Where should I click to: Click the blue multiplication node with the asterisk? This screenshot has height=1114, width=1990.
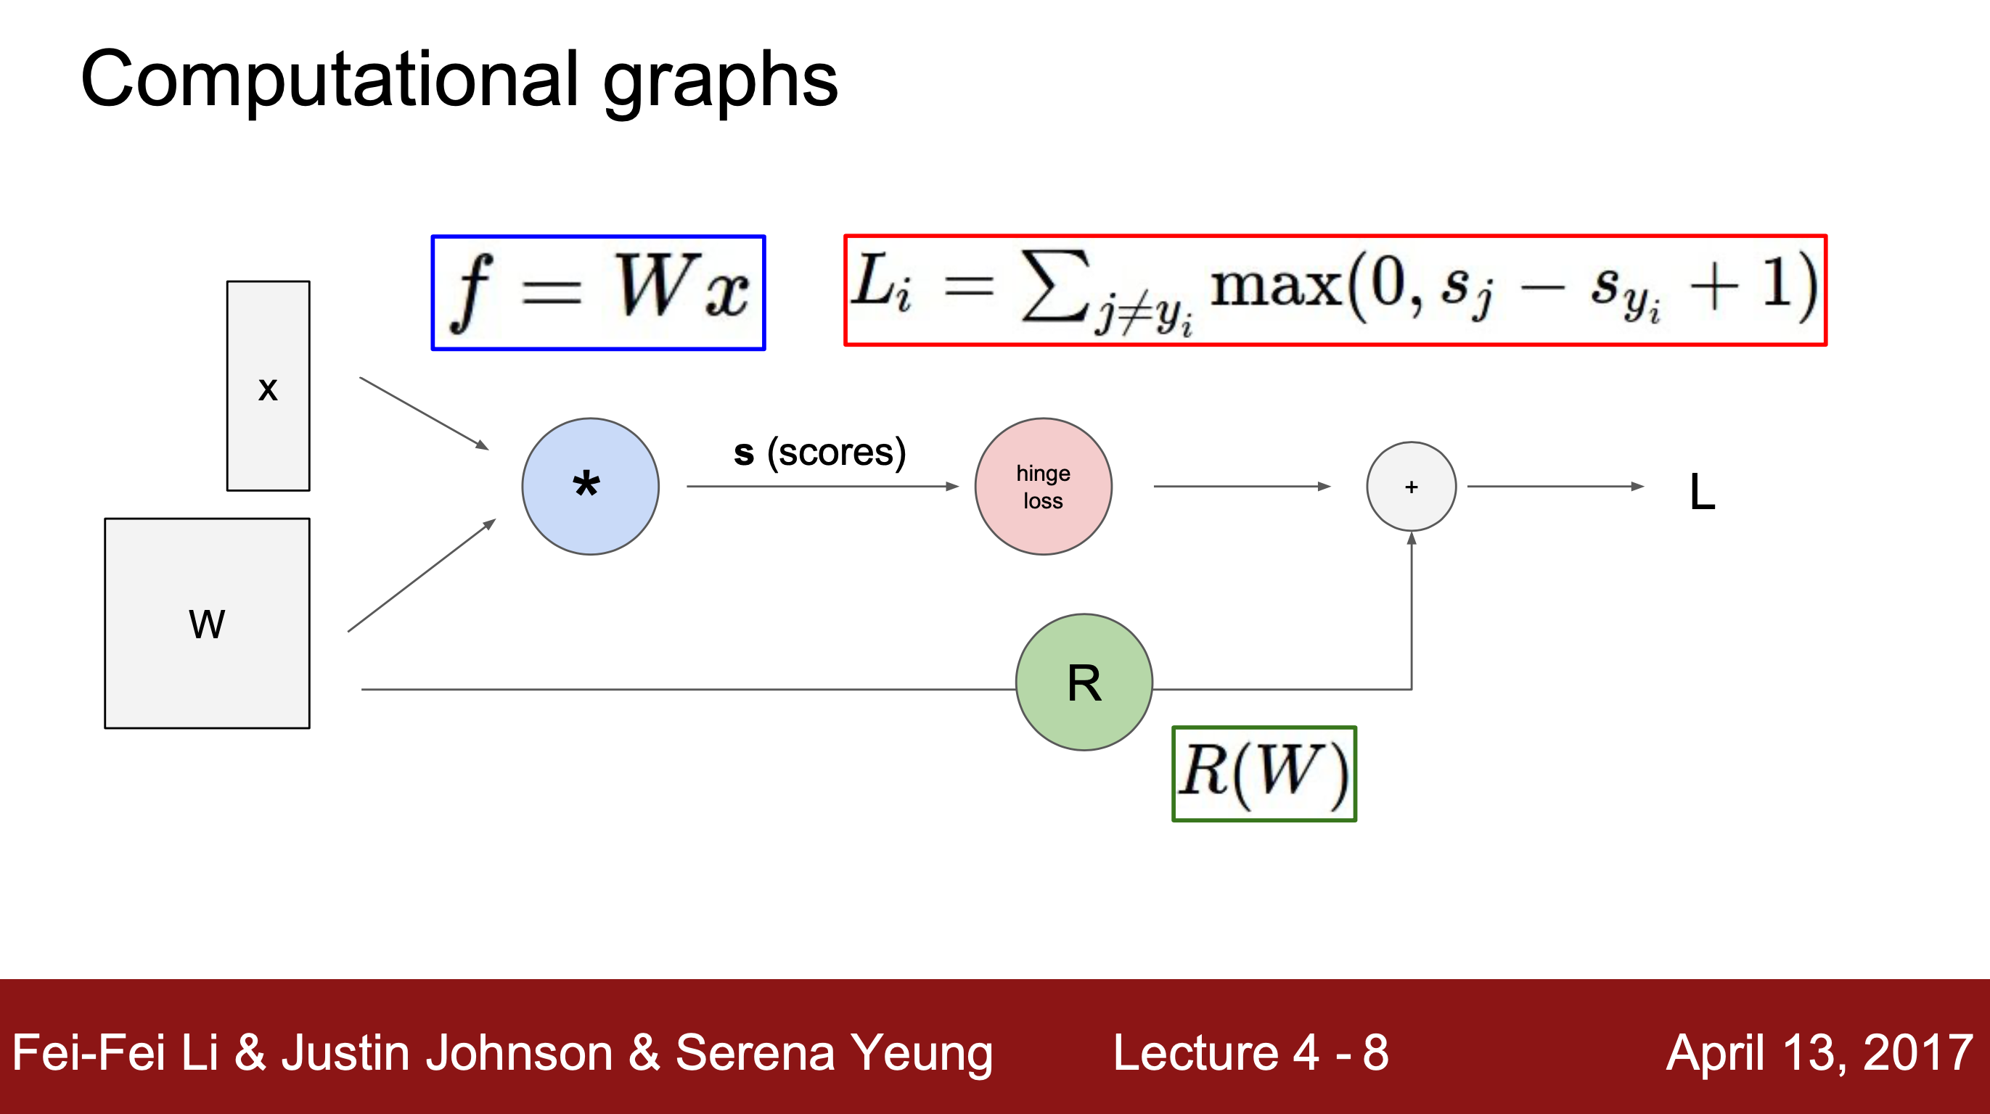pos(590,487)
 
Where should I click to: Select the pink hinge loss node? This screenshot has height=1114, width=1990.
pos(1043,487)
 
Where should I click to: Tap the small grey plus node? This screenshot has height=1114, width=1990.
pos(1412,487)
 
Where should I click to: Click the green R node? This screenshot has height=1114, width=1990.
pos(1084,682)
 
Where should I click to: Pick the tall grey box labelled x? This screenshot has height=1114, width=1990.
pos(268,386)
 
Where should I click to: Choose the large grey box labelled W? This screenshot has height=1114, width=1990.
pos(207,623)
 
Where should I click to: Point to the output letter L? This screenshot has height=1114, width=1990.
pos(1702,492)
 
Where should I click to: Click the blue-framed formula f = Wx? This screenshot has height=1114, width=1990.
pos(598,292)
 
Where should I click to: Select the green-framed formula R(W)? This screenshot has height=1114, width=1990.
pos(1264,774)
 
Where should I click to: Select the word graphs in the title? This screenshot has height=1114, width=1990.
pos(720,83)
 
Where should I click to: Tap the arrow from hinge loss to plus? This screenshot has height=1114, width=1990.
pos(1242,487)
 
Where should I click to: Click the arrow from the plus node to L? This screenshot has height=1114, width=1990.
pos(1556,487)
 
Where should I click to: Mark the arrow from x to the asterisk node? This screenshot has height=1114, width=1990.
pos(424,413)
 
